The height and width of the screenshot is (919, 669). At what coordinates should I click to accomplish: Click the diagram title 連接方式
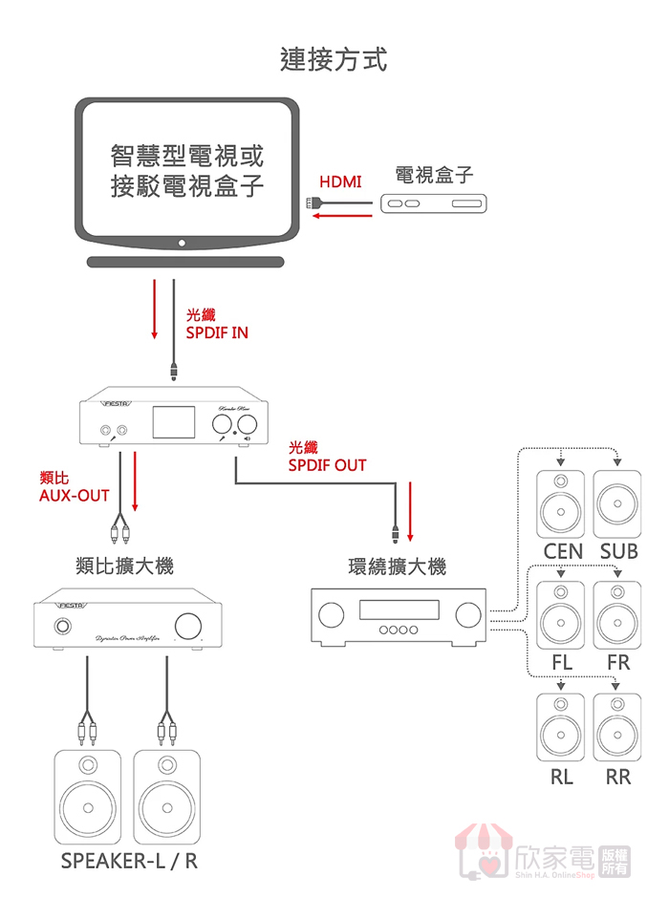tap(334, 59)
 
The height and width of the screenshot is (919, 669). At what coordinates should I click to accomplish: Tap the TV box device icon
tap(434, 203)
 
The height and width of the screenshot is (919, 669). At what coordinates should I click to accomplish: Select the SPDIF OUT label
tap(327, 465)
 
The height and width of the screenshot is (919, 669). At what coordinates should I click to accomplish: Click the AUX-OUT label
tap(74, 495)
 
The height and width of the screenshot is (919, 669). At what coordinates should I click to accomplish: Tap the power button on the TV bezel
tap(183, 245)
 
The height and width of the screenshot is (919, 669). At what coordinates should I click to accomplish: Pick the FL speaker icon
tap(563, 616)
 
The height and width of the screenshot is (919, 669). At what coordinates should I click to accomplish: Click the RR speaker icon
tap(618, 728)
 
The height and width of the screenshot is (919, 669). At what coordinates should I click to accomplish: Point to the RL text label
tap(562, 777)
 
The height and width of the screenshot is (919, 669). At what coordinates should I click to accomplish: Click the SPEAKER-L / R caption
tap(129, 861)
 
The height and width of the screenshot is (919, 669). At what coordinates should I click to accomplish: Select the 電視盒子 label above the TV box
tap(434, 175)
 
